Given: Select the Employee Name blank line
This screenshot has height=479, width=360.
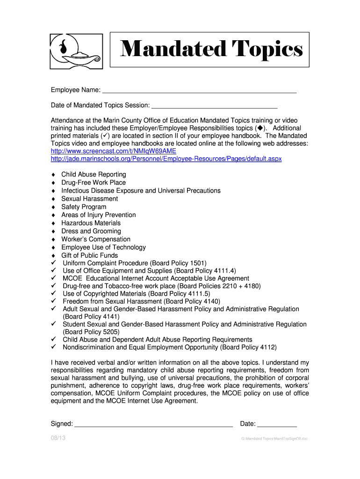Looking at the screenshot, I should (199, 91).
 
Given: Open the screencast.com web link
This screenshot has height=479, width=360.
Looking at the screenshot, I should (113, 151).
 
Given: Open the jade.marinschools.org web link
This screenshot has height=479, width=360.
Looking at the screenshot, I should (166, 159).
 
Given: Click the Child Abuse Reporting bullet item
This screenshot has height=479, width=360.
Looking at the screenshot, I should (94, 174).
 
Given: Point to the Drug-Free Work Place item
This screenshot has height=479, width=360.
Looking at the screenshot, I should (94, 182).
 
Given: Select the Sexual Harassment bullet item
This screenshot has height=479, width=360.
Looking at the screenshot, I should (90, 199).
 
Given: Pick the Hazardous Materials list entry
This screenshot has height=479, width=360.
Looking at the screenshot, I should (91, 223).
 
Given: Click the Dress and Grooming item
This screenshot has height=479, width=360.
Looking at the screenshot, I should (91, 231).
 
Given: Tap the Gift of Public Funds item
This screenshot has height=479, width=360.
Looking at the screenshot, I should (89, 255).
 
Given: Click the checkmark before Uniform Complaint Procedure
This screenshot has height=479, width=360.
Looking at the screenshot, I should (53, 263).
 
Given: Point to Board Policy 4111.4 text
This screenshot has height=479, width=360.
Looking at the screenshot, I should (205, 271).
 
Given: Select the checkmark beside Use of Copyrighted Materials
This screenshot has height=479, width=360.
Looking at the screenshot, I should (53, 293).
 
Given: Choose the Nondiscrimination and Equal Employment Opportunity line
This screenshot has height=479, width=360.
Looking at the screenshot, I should (169, 348).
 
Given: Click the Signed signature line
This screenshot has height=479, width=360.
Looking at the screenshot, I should (154, 424).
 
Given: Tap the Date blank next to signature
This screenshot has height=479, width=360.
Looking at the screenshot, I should (277, 424).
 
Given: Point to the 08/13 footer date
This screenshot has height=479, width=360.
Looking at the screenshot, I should (58, 438).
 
